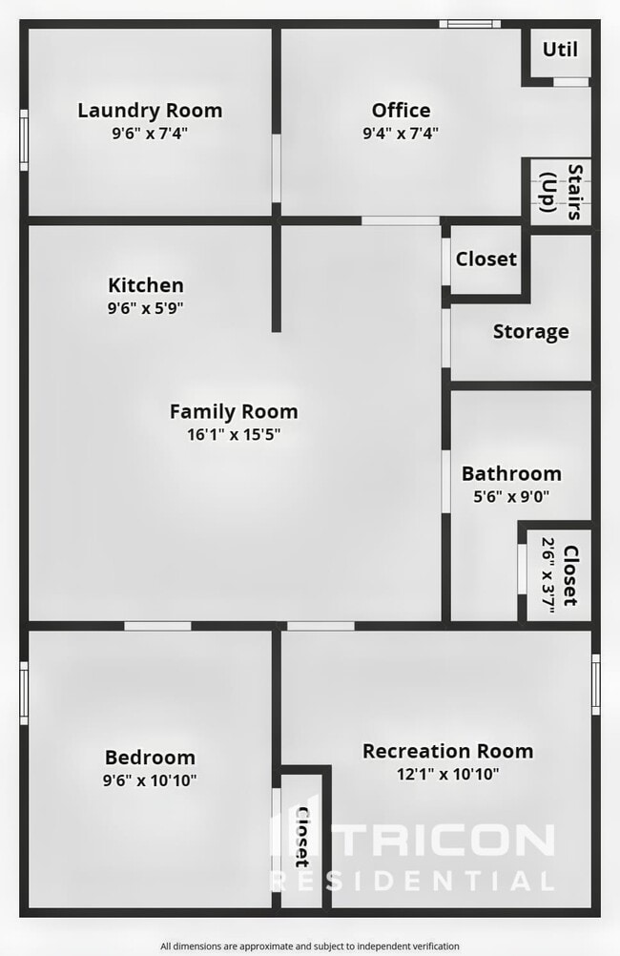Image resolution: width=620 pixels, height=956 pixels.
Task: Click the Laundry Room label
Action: tap(150, 111)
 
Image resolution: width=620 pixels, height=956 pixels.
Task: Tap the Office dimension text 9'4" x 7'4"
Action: tap(401, 134)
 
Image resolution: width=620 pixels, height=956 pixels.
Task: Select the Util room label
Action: tap(560, 50)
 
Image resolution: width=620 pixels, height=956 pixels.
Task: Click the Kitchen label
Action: tap(145, 285)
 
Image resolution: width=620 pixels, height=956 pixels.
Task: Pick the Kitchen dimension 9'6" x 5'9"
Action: tap(145, 308)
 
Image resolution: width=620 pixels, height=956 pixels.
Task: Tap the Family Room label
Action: tap(234, 412)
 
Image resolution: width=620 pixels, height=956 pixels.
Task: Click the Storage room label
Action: tap(530, 332)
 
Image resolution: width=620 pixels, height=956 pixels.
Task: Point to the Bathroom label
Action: tap(511, 474)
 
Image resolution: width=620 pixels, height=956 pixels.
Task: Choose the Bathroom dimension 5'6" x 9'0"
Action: tap(511, 496)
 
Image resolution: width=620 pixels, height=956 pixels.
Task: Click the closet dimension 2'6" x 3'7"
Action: tap(549, 575)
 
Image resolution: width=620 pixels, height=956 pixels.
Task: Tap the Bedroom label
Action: tap(150, 758)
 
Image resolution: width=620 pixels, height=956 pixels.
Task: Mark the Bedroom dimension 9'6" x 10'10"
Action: tap(150, 779)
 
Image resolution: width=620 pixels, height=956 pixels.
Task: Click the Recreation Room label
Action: tap(447, 752)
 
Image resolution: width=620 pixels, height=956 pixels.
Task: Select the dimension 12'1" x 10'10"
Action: tap(447, 775)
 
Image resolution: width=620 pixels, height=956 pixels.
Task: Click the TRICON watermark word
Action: tap(448, 841)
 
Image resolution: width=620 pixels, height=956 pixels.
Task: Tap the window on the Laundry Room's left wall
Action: tap(24, 139)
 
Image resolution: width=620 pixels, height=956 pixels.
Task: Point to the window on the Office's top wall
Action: tap(469, 23)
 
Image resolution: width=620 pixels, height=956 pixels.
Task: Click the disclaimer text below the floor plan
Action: tap(309, 946)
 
